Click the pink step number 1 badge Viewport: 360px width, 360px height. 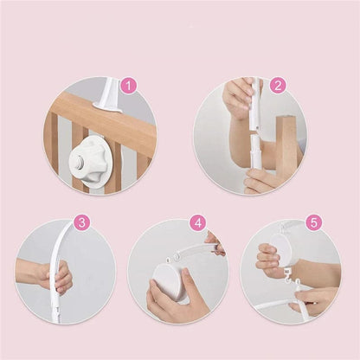click(129, 86)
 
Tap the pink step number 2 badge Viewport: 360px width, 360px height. click(278, 86)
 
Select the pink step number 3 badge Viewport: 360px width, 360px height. click(82, 222)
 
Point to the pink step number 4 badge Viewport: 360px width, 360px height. click(198, 222)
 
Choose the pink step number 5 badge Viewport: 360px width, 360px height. click(314, 222)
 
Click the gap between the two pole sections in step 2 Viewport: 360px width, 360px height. click(255, 133)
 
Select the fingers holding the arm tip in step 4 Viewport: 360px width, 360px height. click(215, 243)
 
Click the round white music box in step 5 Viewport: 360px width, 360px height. click(279, 250)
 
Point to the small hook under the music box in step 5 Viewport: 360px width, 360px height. click(287, 275)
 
